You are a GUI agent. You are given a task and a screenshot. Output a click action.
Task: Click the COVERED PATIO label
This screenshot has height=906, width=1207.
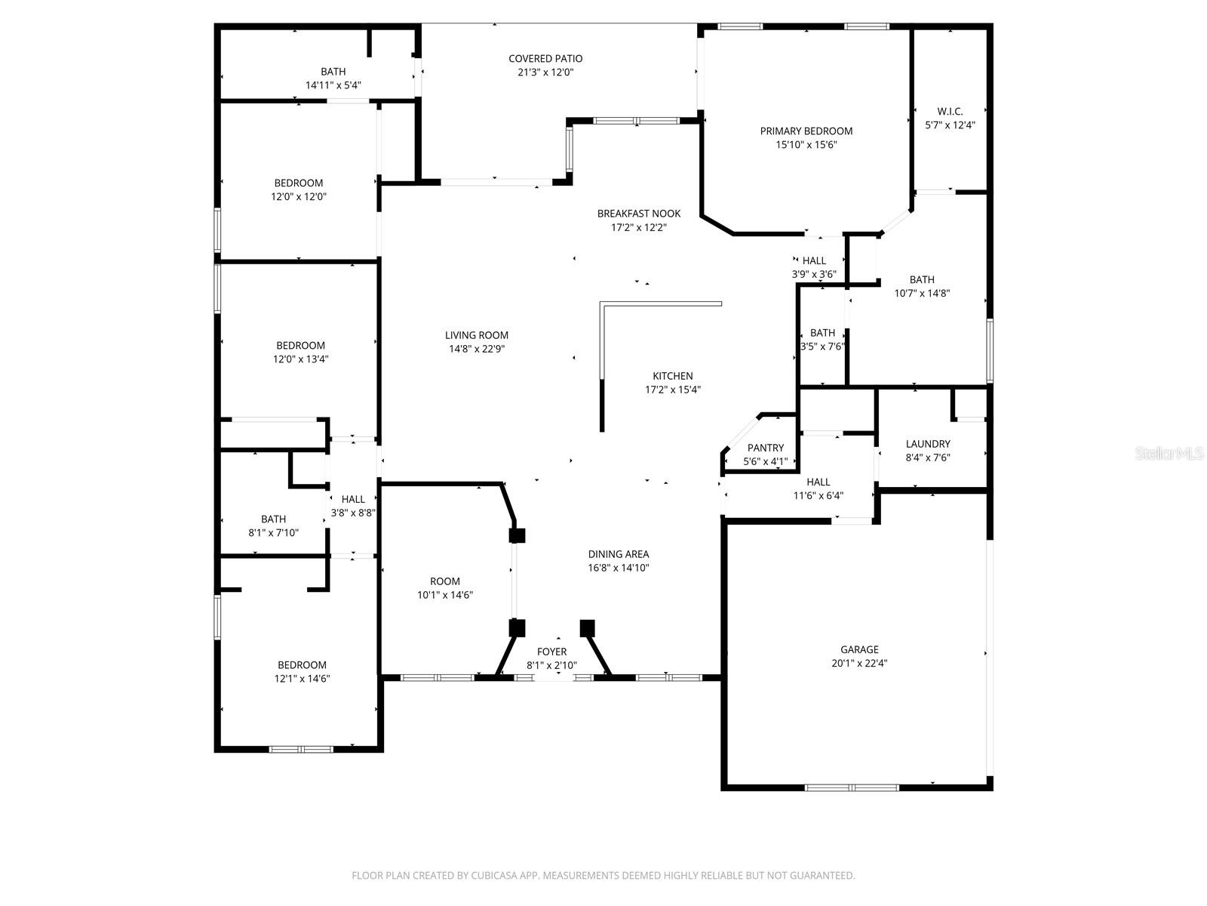pyautogui.click(x=545, y=58)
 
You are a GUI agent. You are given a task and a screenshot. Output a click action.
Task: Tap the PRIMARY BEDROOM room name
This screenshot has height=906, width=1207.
pyautogui.click(x=806, y=131)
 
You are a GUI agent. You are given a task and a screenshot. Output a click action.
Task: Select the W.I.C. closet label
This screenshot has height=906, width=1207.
pyautogui.click(x=949, y=111)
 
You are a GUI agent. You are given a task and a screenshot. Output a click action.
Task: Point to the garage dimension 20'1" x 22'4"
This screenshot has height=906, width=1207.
pyautogui.click(x=859, y=664)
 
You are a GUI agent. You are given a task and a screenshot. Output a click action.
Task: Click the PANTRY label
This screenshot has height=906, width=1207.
pyautogui.click(x=765, y=448)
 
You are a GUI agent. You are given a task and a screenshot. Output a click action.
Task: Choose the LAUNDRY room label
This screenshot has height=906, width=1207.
pyautogui.click(x=927, y=444)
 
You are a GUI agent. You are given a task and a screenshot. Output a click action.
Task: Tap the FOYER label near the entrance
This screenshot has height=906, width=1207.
pyautogui.click(x=551, y=652)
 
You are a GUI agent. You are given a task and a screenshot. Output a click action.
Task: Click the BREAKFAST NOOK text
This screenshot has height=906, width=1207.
pyautogui.click(x=639, y=214)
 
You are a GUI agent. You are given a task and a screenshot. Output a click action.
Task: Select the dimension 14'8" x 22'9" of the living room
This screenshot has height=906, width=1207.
pyautogui.click(x=478, y=349)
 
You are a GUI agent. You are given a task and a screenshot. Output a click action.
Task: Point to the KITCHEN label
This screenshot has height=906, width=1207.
pyautogui.click(x=672, y=376)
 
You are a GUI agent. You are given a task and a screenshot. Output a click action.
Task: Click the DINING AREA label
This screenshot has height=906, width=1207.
pyautogui.click(x=618, y=554)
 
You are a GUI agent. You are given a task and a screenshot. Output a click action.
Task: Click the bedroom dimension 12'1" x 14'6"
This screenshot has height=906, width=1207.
pyautogui.click(x=302, y=678)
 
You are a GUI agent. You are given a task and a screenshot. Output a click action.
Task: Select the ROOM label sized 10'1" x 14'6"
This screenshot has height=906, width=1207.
pyautogui.click(x=444, y=581)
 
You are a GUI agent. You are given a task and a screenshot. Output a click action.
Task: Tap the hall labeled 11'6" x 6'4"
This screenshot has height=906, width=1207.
pyautogui.click(x=818, y=482)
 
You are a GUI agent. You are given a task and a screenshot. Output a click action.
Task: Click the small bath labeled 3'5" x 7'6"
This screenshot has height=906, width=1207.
pyautogui.click(x=822, y=333)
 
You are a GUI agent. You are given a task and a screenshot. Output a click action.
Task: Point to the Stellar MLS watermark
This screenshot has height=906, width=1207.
pyautogui.click(x=1169, y=454)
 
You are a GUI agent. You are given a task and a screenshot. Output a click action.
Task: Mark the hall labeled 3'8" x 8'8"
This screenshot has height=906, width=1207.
pyautogui.click(x=352, y=499)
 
